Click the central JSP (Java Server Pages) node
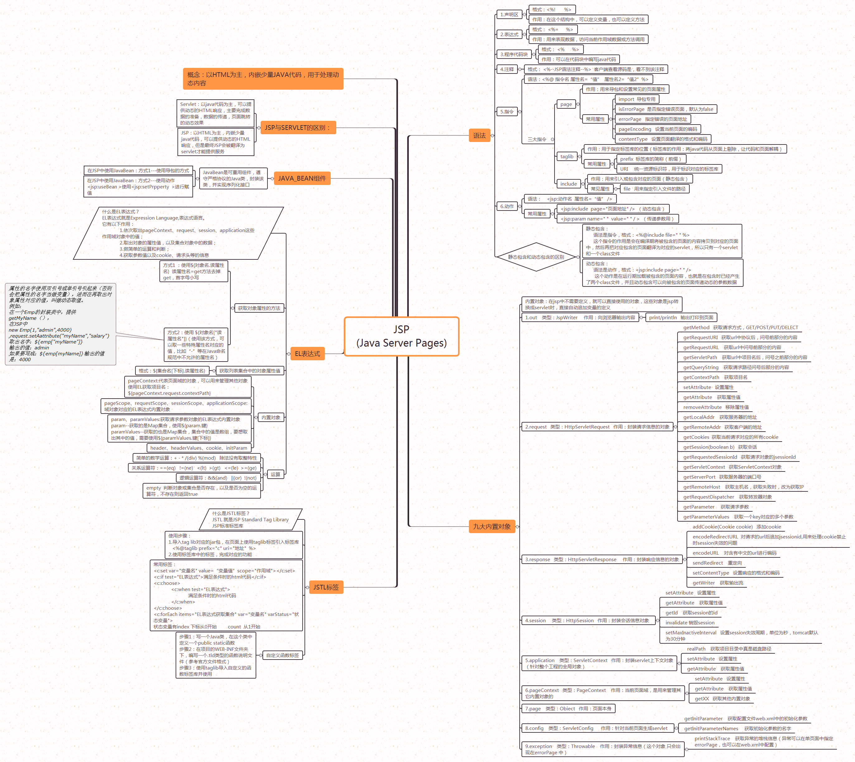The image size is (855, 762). [x=401, y=336]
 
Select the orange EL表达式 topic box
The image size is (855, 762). [x=307, y=354]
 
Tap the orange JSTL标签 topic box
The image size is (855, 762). [x=326, y=587]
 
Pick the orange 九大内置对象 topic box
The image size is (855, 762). [x=492, y=526]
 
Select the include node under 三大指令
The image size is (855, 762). [x=568, y=184]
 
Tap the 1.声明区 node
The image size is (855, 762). [x=509, y=15]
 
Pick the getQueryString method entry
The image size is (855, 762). [x=736, y=367]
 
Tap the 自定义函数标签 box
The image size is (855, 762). [x=283, y=655]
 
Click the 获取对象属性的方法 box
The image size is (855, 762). [x=259, y=308]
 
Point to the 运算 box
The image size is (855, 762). [x=275, y=474]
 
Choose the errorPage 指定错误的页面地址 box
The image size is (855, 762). [x=652, y=119]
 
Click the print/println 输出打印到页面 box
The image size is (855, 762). [x=681, y=317]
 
